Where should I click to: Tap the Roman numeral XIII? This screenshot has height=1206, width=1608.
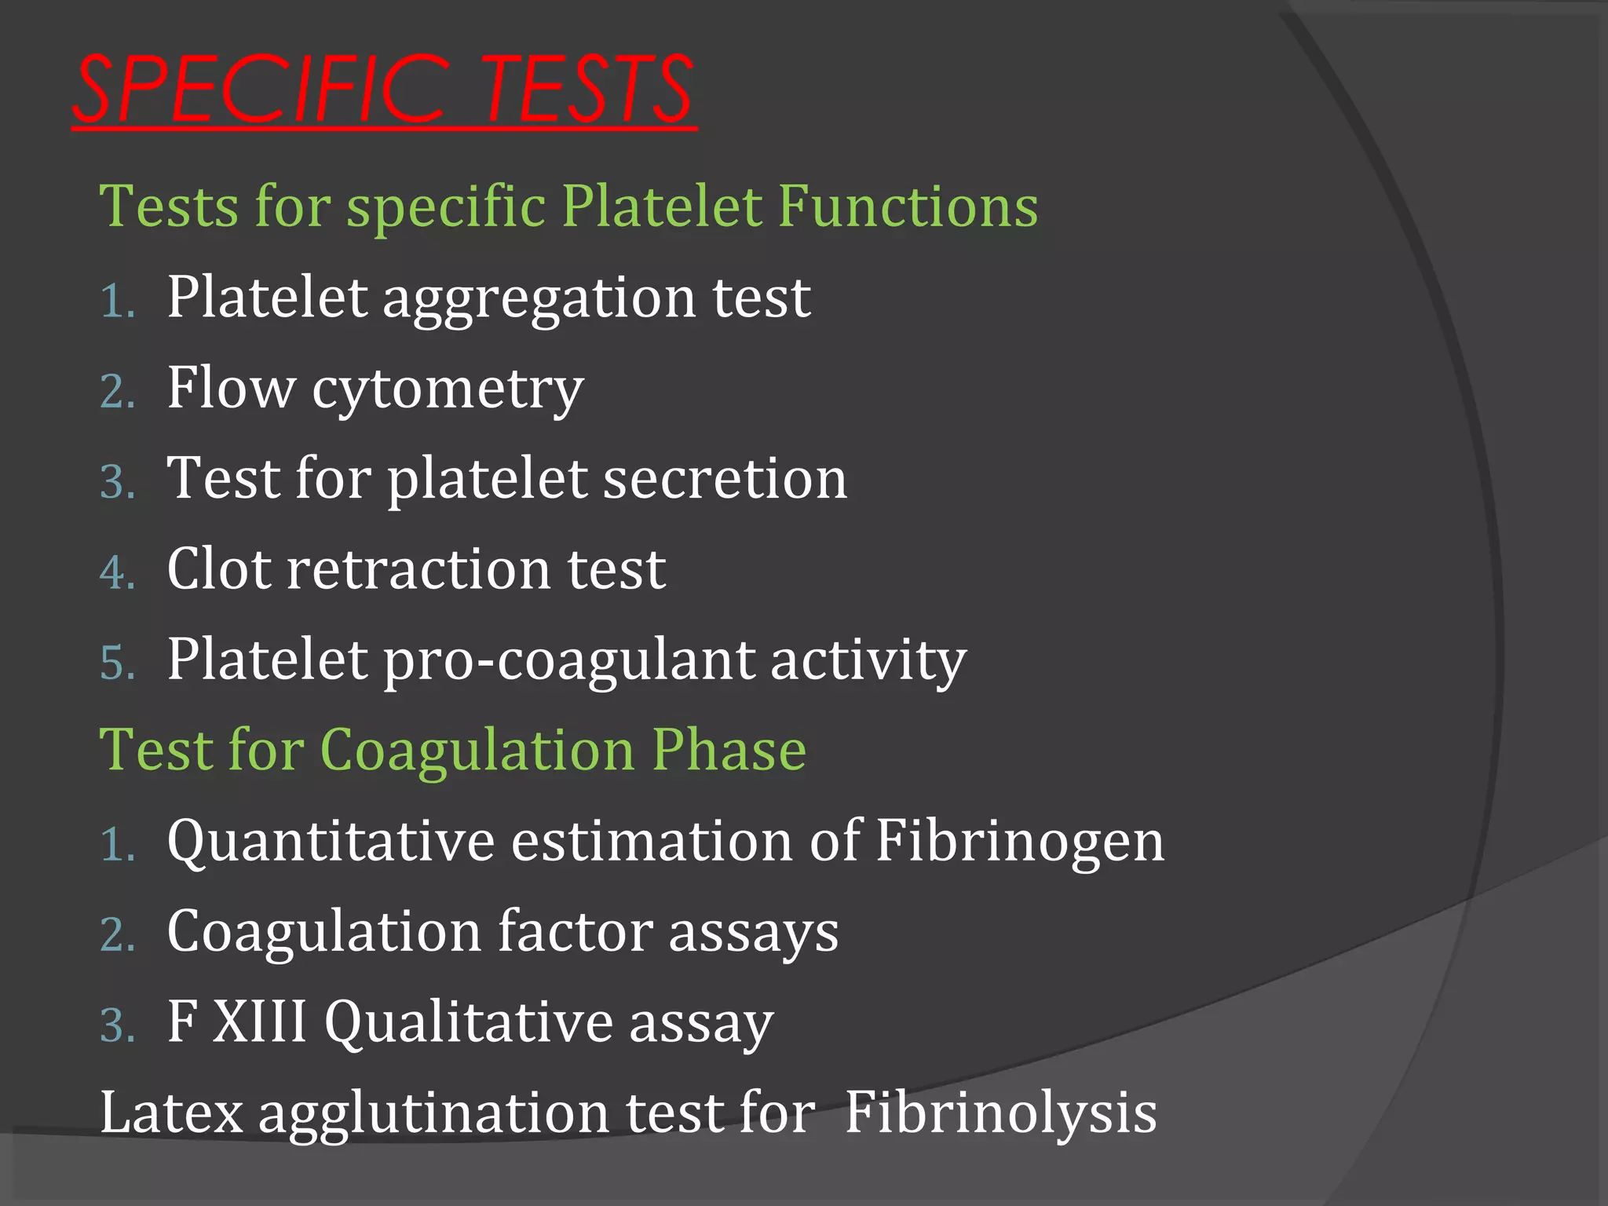259,1022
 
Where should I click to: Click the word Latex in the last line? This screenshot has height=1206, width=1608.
171,1113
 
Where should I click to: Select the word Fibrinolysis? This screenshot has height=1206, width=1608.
1000,1113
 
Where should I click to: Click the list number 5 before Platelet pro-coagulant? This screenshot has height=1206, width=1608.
118,663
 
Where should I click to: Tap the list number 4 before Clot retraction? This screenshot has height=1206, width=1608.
118,572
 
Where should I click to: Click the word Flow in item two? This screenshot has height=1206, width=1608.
231,389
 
